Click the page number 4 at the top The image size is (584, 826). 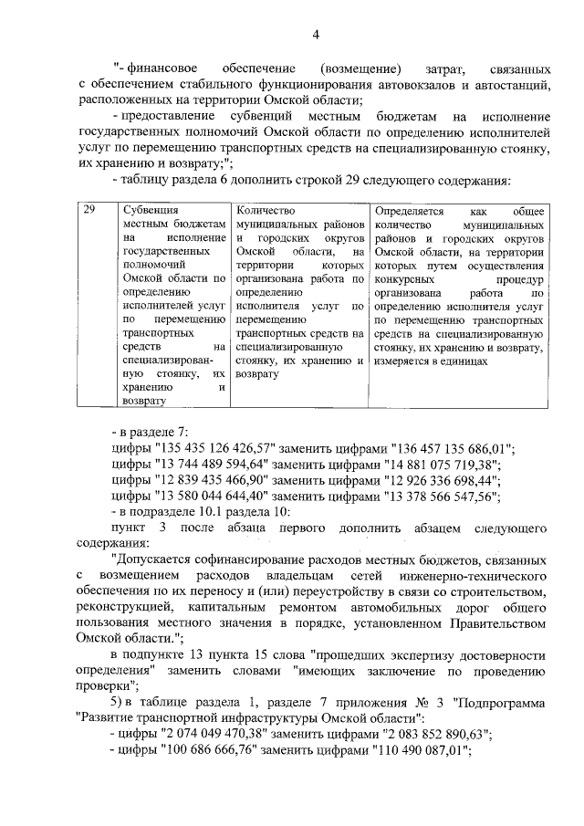pos(316,35)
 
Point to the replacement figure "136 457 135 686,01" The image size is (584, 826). pos(452,448)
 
